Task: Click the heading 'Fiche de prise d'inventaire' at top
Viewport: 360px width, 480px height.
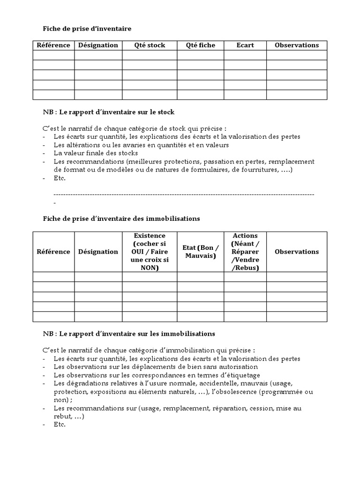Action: click(x=87, y=29)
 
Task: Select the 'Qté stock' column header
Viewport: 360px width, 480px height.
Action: click(x=150, y=45)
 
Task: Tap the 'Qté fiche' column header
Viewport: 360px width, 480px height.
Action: click(x=200, y=45)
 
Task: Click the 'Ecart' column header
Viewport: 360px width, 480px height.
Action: click(x=245, y=45)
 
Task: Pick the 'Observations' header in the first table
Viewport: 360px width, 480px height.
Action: click(x=296, y=45)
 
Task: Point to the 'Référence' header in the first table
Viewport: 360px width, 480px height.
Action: click(x=53, y=45)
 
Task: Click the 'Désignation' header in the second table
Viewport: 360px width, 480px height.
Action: click(x=98, y=252)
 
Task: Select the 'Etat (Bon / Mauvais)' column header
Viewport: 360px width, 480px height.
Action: click(x=200, y=252)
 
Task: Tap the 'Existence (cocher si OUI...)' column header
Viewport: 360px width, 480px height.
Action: click(x=150, y=252)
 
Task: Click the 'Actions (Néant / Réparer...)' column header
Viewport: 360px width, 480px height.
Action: click(x=245, y=252)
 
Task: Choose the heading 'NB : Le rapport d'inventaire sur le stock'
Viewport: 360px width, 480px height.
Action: click(x=109, y=112)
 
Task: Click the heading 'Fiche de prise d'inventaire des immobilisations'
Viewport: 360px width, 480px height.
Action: click(x=121, y=219)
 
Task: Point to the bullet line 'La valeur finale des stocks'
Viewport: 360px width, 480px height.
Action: click(x=96, y=153)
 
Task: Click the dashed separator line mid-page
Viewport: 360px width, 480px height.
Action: click(x=184, y=194)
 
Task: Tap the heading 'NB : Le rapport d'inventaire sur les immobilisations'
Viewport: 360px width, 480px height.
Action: click(x=129, y=334)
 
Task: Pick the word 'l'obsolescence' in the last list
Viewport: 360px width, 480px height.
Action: click(x=233, y=392)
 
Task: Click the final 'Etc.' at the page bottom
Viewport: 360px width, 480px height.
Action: click(x=60, y=425)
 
